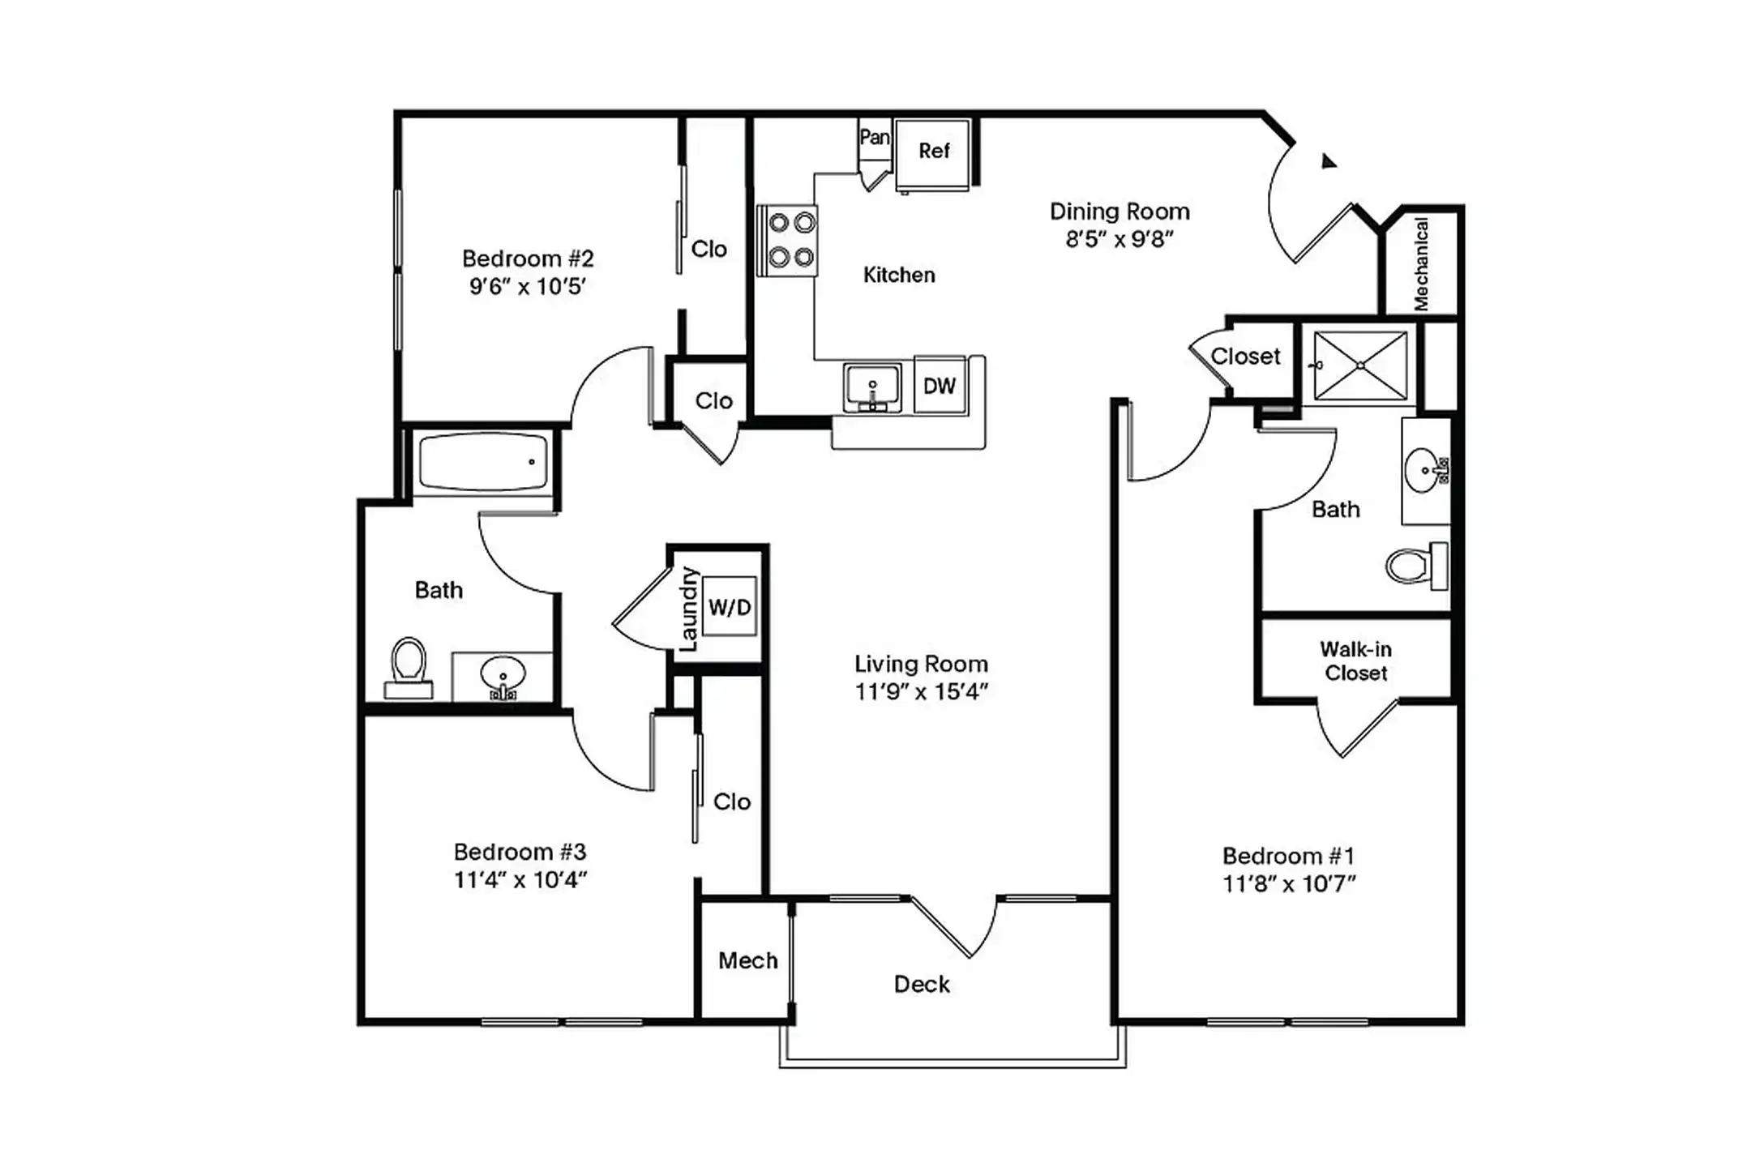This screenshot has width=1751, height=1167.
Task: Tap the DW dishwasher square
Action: click(939, 386)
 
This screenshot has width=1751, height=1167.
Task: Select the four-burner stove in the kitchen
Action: click(787, 240)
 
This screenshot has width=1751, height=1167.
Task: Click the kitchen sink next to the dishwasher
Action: click(872, 387)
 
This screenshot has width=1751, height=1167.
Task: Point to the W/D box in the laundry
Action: click(730, 606)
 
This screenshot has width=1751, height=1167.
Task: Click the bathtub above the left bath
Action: click(483, 462)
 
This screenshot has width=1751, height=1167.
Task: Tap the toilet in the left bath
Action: click(409, 665)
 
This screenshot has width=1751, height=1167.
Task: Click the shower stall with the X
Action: click(1360, 365)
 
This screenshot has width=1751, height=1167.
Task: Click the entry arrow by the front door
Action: click(1327, 161)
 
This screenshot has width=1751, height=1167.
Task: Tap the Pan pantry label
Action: click(874, 137)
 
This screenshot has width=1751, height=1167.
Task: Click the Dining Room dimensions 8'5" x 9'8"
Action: click(1120, 239)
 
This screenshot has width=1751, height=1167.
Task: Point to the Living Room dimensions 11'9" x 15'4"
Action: click(922, 691)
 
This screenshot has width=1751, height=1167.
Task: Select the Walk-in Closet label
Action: click(1355, 660)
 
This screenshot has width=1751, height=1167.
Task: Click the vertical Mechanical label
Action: click(1420, 263)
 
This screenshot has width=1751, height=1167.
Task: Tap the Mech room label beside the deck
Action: click(747, 960)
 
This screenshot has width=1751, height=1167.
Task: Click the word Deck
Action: click(922, 984)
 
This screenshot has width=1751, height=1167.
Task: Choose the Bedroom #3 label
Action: click(520, 852)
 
